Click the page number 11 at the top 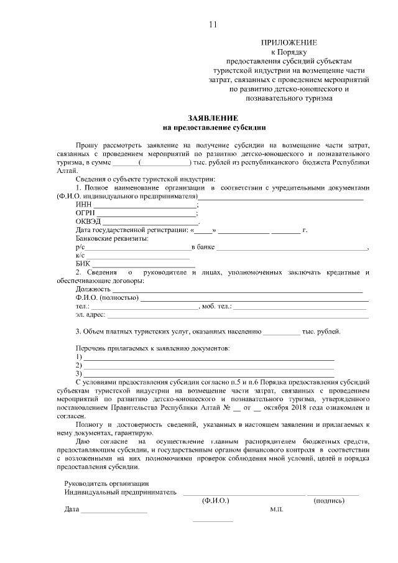(213, 25)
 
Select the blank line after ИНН (145, 206)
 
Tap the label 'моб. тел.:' (216, 307)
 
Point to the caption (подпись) (330, 501)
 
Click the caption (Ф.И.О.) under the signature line (216, 501)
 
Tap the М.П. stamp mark (276, 510)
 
